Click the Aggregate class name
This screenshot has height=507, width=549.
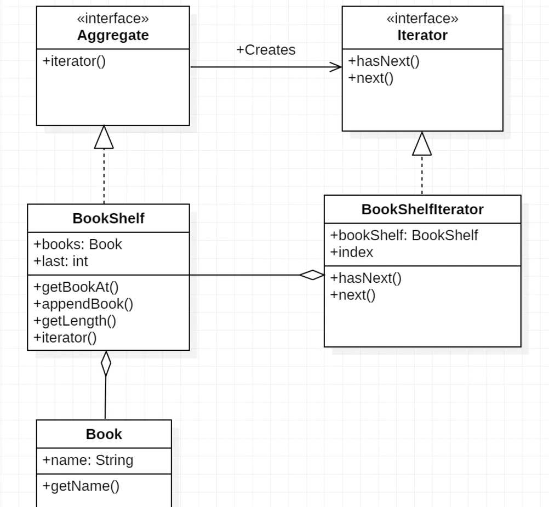(x=113, y=36)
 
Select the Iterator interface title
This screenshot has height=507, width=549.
(x=422, y=36)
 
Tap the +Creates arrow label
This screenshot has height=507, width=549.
(x=266, y=50)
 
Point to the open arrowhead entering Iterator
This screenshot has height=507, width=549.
(x=336, y=67)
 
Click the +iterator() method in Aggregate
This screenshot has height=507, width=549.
(x=74, y=61)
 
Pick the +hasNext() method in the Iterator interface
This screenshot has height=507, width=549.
(x=384, y=61)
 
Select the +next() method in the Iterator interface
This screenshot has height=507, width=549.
(x=371, y=78)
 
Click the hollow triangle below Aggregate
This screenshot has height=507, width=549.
(x=104, y=137)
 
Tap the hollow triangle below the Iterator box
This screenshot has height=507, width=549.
(x=422, y=144)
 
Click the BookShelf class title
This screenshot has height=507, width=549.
(x=108, y=219)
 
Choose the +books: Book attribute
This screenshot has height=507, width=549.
(x=78, y=244)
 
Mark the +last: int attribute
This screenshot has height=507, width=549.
(x=61, y=261)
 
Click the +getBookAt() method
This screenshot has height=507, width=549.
(x=76, y=287)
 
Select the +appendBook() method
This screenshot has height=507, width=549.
(x=83, y=304)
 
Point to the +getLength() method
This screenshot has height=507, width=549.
(x=75, y=321)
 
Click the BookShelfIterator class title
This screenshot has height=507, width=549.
(x=422, y=209)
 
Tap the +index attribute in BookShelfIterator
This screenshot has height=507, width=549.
(x=352, y=253)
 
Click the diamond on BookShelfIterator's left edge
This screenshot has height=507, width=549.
(x=312, y=275)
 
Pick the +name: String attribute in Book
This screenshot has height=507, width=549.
(x=88, y=460)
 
